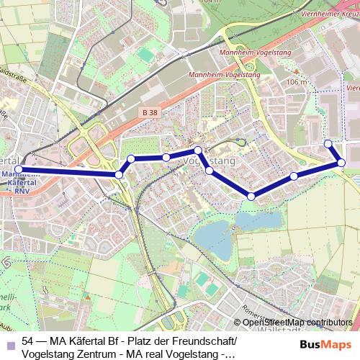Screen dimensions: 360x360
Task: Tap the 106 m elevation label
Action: tap(296, 82)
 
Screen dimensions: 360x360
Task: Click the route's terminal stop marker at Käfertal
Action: tap(18, 170)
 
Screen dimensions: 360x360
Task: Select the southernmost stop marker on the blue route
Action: tap(251, 197)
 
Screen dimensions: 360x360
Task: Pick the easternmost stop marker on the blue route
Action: tap(341, 163)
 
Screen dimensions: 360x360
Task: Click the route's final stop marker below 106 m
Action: tap(328, 143)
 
